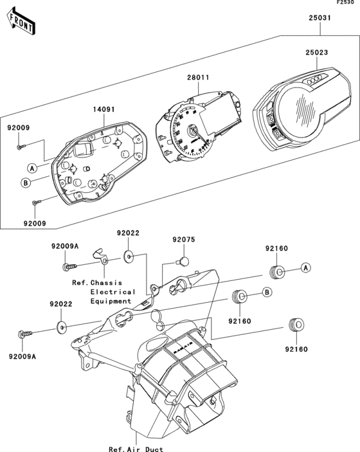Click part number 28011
(198, 77)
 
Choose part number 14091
(105, 110)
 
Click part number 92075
(183, 240)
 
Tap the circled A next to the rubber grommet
(306, 267)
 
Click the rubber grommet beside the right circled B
(240, 297)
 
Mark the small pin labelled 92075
(183, 260)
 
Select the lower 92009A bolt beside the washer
(24, 334)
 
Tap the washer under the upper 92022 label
(129, 257)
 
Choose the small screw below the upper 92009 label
(19, 147)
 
